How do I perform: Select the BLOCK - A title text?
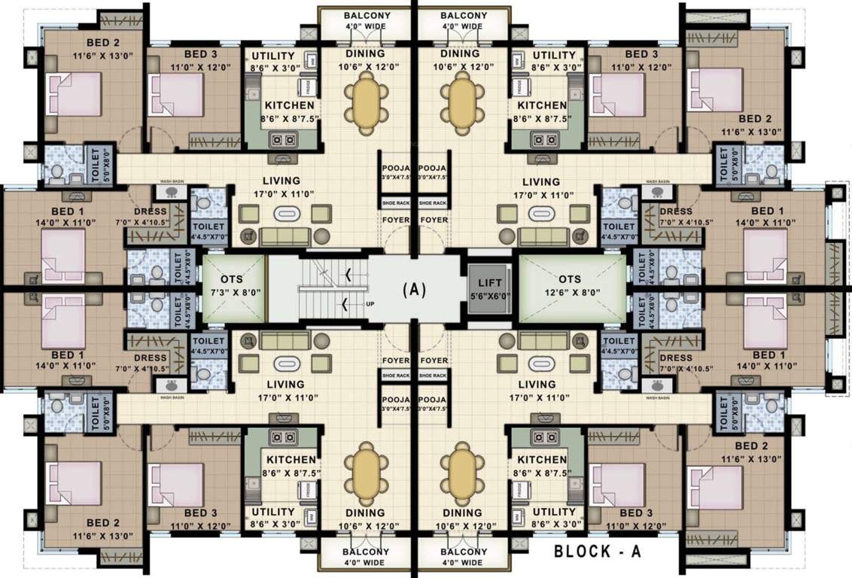[598, 552]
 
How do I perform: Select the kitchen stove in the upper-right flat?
[543, 139]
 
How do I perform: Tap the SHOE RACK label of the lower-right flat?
[433, 375]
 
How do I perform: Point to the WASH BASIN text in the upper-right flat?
[659, 181]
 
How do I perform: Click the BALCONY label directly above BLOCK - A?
[464, 551]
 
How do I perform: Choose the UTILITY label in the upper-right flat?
[554, 55]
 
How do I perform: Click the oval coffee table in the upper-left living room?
[285, 214]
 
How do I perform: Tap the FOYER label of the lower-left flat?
[396, 360]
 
